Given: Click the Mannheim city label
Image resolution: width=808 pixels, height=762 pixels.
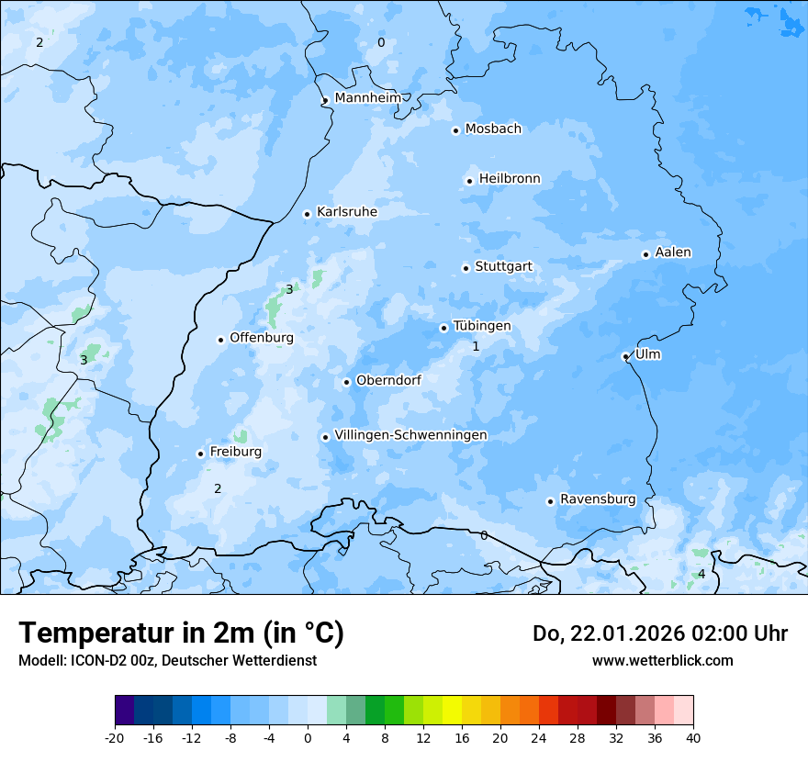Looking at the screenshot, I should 367,98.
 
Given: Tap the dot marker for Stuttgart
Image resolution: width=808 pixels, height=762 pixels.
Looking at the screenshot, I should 466,268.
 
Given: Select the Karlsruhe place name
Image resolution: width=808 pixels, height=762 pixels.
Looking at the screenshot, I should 346,212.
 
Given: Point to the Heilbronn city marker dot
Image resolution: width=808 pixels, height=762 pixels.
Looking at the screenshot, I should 469,181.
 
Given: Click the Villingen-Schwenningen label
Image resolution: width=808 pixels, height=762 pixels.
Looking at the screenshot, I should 410,435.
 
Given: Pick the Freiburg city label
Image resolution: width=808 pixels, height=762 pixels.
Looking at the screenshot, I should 235,452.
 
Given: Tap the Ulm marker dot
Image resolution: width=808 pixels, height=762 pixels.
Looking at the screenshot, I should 625,356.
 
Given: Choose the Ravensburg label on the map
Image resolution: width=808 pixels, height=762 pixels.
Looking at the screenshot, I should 597,499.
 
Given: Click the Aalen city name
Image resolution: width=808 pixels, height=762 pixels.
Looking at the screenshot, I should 672,252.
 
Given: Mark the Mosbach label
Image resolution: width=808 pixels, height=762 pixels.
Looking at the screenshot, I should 492,129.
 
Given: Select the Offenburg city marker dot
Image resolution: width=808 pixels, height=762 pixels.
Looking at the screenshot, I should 220,340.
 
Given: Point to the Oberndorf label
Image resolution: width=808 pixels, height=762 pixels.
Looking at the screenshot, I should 388,380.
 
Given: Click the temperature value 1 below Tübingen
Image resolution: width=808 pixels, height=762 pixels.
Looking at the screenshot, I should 476,347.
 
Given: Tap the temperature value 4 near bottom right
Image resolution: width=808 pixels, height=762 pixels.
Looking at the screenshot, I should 701,574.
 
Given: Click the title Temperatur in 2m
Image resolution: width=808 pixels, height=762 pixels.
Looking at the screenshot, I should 181,633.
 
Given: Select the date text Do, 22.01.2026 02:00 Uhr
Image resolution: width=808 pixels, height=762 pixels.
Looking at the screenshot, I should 659,633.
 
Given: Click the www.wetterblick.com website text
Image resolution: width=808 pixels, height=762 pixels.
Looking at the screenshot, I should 662,661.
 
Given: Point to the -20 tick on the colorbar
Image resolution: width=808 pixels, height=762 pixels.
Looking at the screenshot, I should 115,737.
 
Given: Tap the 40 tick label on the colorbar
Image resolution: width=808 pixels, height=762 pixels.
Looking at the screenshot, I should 692,737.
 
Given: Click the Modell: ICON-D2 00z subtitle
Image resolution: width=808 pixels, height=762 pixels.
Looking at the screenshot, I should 167,661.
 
